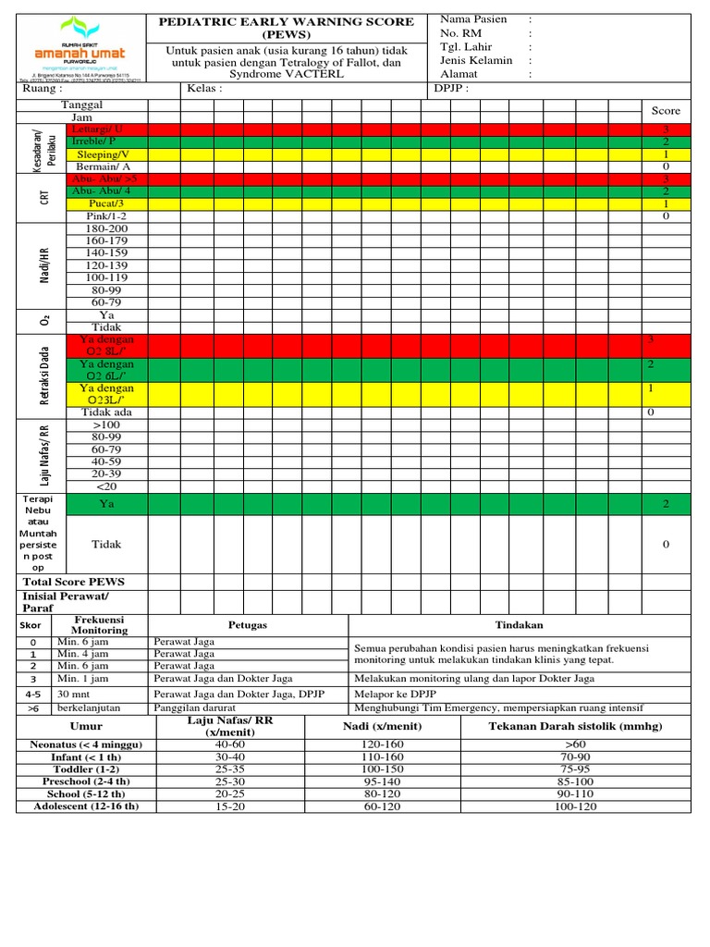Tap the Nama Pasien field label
[x=473, y=19]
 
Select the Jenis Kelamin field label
[x=476, y=61]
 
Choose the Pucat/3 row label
[x=105, y=203]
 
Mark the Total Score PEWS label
[x=73, y=582]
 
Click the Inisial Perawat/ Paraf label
[x=65, y=602]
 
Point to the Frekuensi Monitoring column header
[x=99, y=625]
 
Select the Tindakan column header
[x=519, y=625]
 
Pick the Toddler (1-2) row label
[x=87, y=769]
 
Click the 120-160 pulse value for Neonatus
[x=382, y=744]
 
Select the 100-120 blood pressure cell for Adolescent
[x=575, y=806]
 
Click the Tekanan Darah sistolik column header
[x=575, y=726]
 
